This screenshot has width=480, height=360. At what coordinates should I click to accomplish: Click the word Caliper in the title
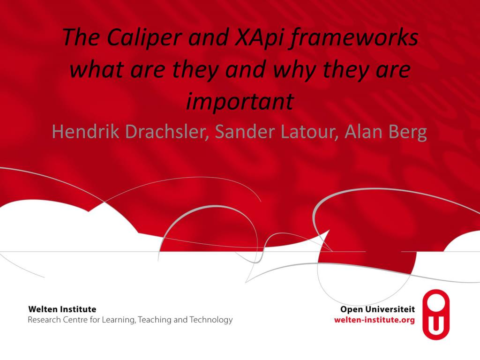144,37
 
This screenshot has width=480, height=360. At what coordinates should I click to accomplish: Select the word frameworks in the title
355,37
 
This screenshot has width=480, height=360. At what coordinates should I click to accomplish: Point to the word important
240,101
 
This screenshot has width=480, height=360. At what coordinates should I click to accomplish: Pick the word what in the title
97,69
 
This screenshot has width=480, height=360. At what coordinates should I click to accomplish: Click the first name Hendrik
85,131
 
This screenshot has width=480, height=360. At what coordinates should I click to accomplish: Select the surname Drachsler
166,131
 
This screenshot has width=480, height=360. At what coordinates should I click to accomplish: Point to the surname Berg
408,132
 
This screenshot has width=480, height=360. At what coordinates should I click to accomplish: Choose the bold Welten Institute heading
62,309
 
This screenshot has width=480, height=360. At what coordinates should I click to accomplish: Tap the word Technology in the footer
211,320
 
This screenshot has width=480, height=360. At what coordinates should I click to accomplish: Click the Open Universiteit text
377,309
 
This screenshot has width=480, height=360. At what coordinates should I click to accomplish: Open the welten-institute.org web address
375,320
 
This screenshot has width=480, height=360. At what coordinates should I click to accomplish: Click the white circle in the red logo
436,302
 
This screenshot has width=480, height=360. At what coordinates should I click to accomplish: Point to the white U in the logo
436,325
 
